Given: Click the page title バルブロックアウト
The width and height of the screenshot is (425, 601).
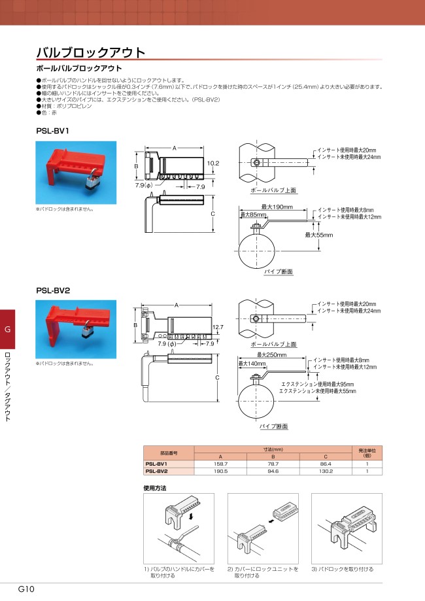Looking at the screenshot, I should pyautogui.click(x=90, y=52).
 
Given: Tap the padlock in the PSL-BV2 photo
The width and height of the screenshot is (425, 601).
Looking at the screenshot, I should pyautogui.click(x=87, y=332).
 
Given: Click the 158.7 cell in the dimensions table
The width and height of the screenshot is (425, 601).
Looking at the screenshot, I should pyautogui.click(x=221, y=463).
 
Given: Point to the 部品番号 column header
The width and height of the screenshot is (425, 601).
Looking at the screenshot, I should pyautogui.click(x=169, y=453).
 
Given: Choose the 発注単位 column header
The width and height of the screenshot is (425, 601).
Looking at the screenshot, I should pyautogui.click(x=366, y=453).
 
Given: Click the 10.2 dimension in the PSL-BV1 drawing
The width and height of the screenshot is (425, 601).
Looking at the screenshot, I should pyautogui.click(x=213, y=162).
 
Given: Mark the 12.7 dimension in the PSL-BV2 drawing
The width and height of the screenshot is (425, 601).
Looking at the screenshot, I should pyautogui.click(x=218, y=327).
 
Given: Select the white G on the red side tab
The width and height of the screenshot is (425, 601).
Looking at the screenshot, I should pyautogui.click(x=8, y=329).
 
